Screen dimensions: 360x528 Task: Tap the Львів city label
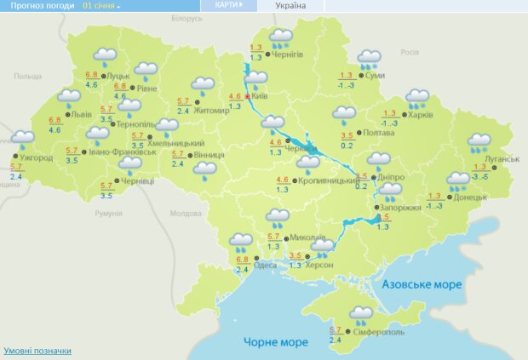click(x=81, y=113)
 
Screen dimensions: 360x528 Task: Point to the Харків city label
click(x=421, y=115)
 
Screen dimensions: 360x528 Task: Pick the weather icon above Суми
click(x=369, y=59)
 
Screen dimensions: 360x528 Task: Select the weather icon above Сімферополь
click(x=360, y=314)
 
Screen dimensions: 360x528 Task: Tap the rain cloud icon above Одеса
click(x=241, y=242)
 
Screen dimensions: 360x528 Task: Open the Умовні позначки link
click(x=37, y=351)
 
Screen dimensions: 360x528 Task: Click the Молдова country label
click(x=184, y=214)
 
